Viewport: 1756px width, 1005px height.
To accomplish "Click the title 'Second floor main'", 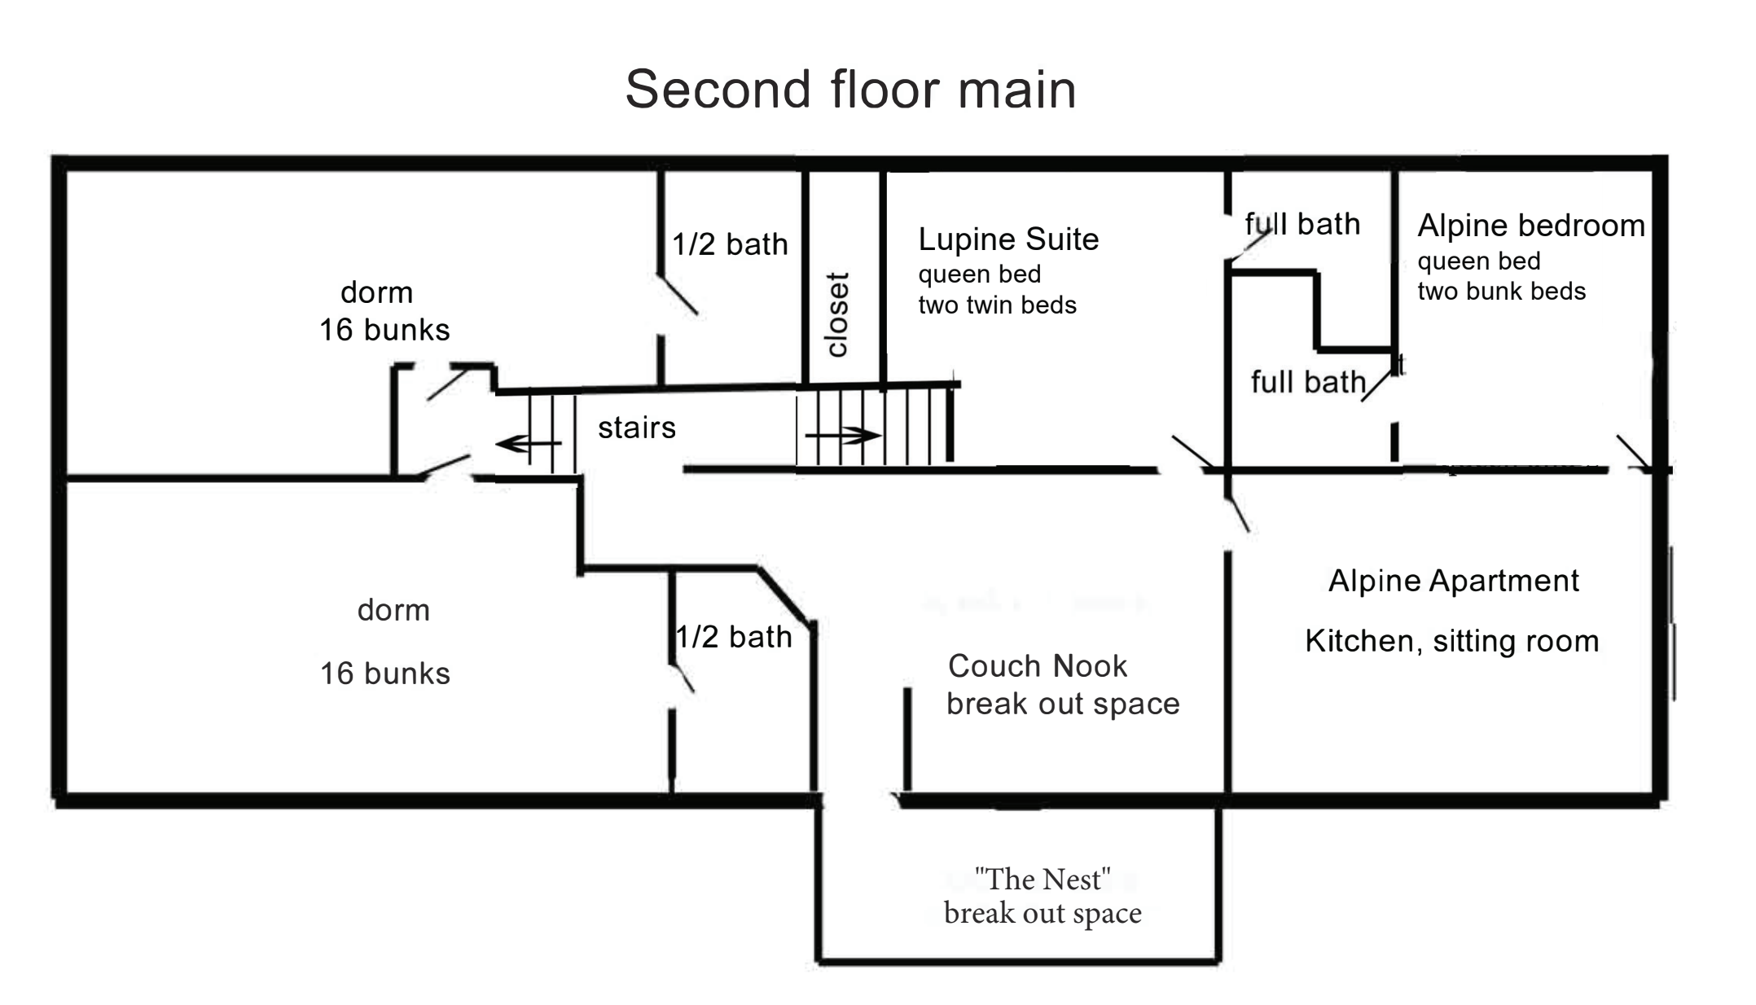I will [850, 89].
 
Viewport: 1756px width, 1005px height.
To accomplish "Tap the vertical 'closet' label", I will [838, 314].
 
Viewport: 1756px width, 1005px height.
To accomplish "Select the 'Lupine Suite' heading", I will [1008, 239].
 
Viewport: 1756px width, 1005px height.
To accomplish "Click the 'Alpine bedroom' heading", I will [1530, 226].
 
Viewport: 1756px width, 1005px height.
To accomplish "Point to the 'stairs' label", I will [637, 428].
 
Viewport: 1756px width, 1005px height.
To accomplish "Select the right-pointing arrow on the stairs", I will [843, 437].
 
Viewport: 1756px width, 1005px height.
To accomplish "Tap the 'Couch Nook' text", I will [1038, 666].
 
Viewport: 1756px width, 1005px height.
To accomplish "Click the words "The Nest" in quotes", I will [1043, 880].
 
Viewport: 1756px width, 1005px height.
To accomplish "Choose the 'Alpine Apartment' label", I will [1454, 581].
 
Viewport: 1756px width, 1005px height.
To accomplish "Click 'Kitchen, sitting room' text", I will [1451, 641].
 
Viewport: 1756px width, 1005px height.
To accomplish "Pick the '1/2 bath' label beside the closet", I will [730, 244].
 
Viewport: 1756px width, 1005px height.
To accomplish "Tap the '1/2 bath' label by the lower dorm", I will [735, 637].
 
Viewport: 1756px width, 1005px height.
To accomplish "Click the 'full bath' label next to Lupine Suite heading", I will [1302, 224].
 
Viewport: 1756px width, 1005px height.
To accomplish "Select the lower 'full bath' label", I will [1307, 382].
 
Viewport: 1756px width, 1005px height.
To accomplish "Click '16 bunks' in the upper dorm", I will [384, 330].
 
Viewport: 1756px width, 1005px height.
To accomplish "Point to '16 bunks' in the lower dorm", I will [384, 674].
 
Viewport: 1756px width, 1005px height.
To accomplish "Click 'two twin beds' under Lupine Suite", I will [997, 305].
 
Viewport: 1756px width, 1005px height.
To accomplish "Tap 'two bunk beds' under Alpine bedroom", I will [1501, 292].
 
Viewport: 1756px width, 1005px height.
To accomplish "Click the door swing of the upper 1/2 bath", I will [678, 295].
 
